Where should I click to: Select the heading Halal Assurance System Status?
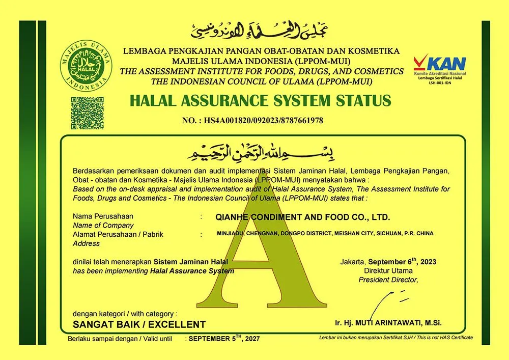click(260, 100)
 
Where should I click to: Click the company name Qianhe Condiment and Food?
click(303, 217)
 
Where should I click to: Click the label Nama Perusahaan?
click(103, 216)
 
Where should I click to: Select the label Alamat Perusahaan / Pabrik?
click(121, 234)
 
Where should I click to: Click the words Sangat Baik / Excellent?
click(139, 324)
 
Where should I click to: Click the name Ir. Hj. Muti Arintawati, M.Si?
click(388, 323)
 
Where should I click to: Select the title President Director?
click(388, 280)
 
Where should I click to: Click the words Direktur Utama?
click(388, 270)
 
